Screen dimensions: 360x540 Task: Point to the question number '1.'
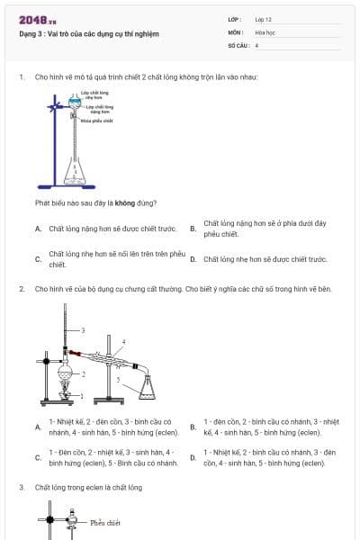pos(22,76)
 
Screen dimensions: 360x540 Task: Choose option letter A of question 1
pos(38,229)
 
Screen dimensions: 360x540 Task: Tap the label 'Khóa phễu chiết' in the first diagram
pos(96,120)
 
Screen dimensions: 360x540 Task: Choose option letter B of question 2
pos(193,427)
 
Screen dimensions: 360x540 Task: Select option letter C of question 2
pos(38,457)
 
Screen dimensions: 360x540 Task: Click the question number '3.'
pos(22,487)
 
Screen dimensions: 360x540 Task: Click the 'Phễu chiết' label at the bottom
pos(105,522)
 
